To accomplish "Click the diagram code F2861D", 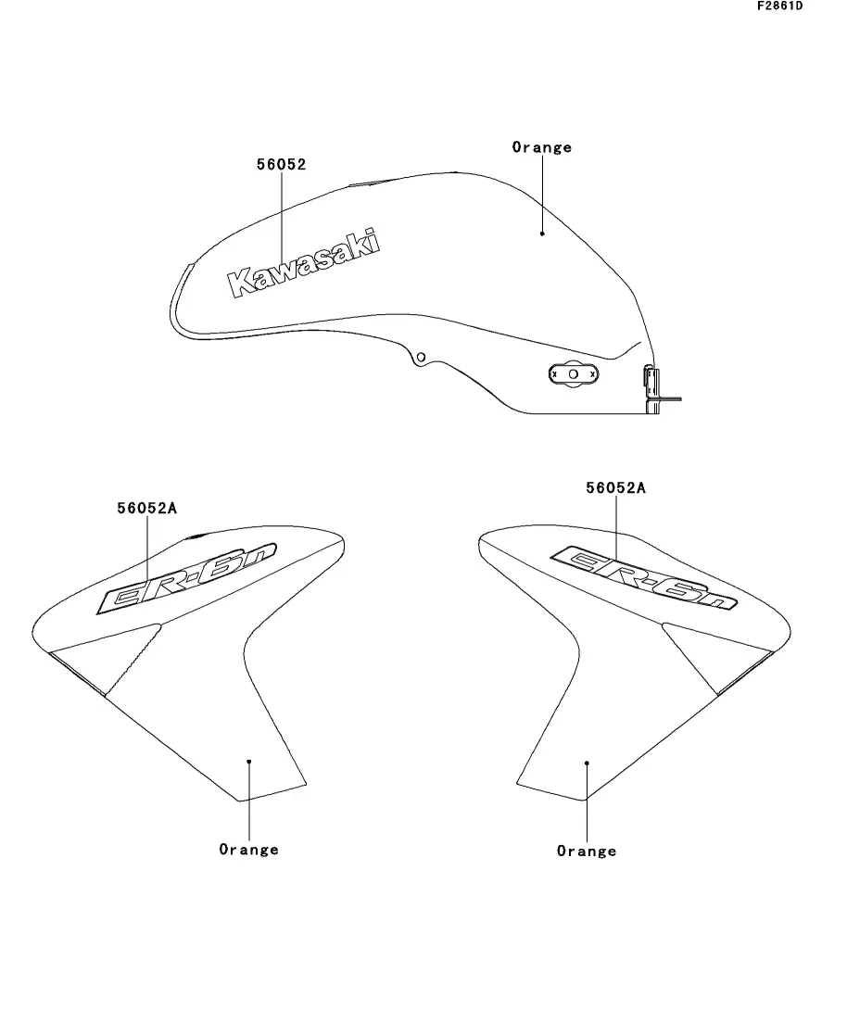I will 779,6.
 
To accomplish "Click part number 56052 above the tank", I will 281,164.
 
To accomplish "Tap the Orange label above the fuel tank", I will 542,147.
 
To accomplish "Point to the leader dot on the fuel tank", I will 542,233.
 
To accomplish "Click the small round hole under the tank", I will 421,357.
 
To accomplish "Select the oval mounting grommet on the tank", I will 573,373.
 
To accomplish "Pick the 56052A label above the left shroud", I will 147,507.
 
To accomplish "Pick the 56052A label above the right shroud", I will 615,487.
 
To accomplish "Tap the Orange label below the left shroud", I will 248,849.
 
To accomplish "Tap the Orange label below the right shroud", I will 587,851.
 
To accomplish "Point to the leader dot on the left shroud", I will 248,761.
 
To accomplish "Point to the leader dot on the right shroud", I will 587,763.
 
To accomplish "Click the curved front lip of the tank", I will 178,297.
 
